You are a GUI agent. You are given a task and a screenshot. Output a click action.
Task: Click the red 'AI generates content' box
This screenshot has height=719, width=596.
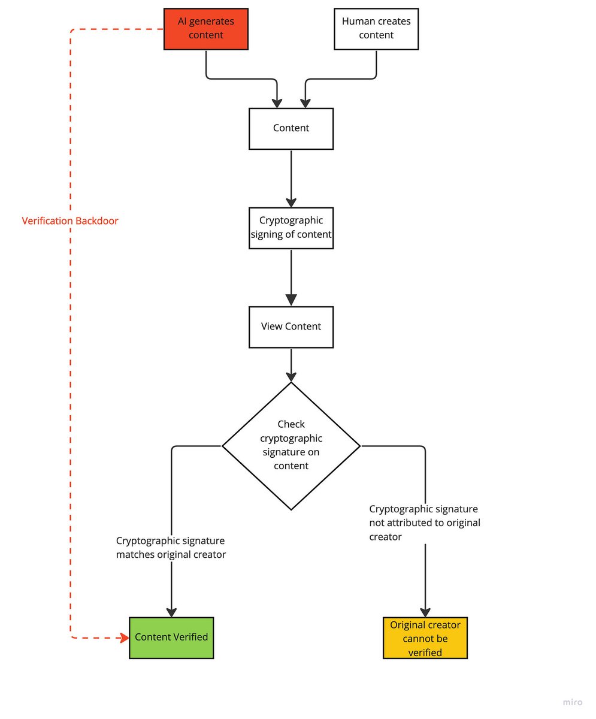click(206, 29)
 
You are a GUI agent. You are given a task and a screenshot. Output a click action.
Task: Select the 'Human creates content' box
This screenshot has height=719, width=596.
click(376, 29)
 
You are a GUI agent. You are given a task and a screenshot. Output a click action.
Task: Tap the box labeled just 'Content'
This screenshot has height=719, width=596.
click(291, 129)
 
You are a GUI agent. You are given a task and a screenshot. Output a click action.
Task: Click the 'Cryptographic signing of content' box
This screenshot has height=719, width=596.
click(291, 228)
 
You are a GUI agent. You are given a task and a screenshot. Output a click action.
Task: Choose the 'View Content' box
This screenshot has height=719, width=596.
click(291, 327)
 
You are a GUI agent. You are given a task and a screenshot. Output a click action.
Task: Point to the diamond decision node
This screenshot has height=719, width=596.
click(291, 446)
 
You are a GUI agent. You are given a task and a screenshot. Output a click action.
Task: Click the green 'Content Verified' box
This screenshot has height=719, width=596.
click(171, 638)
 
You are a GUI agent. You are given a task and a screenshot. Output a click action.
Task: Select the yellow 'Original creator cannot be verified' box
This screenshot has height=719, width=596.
click(425, 638)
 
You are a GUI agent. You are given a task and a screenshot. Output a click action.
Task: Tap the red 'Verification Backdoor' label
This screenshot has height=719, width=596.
click(70, 220)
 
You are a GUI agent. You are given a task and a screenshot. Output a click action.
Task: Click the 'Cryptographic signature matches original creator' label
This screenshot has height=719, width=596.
click(171, 548)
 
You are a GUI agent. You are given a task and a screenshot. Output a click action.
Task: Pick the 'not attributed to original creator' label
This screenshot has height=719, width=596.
click(425, 522)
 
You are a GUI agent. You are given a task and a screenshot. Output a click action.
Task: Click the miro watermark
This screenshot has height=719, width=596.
click(573, 702)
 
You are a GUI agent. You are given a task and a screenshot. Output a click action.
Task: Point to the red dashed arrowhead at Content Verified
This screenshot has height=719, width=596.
click(124, 638)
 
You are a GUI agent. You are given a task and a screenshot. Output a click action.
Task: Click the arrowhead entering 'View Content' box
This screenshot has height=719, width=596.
click(291, 300)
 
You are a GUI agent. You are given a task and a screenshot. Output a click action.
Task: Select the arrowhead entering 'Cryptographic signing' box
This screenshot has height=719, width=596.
click(291, 203)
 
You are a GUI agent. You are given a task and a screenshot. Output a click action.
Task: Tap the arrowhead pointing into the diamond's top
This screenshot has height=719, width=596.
click(291, 377)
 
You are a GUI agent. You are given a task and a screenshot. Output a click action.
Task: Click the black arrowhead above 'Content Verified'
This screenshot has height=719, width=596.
click(171, 612)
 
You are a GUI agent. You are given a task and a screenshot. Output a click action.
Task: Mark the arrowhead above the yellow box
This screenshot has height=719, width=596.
click(425, 612)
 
